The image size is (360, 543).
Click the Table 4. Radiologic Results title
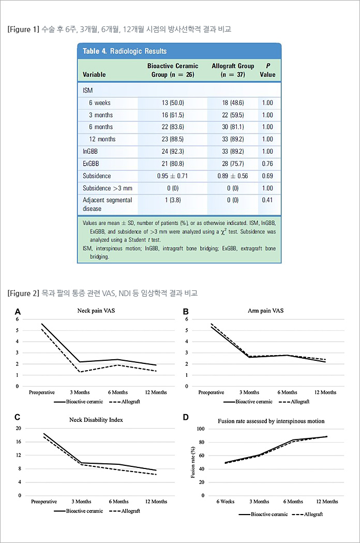tap(125, 51)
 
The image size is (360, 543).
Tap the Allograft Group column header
tap(232, 70)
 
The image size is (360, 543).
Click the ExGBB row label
tap(91, 164)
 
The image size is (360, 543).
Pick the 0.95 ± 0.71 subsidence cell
tap(173, 176)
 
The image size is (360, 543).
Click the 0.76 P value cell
tap(267, 164)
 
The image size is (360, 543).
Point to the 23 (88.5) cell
tap(172, 139)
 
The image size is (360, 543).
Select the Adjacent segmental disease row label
tap(107, 204)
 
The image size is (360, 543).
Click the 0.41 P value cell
tap(267, 200)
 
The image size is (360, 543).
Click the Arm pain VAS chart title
tap(266, 311)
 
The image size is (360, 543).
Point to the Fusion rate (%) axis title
tap(193, 462)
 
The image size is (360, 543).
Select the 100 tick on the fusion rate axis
tap(201, 429)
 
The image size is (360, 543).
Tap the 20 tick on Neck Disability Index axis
tap(18, 428)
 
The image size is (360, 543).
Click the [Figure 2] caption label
tap(23, 293)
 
